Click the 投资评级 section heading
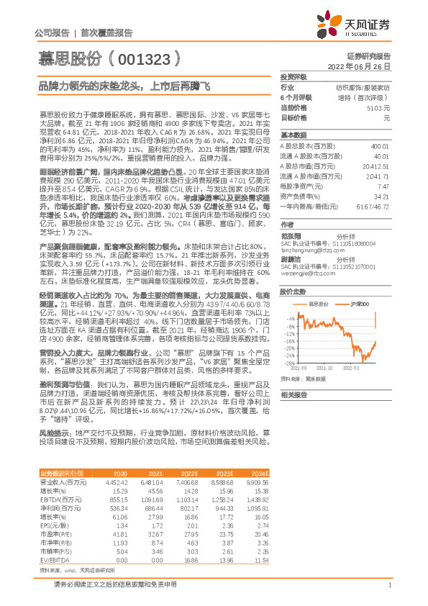click(294, 76)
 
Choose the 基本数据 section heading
click(294, 135)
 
